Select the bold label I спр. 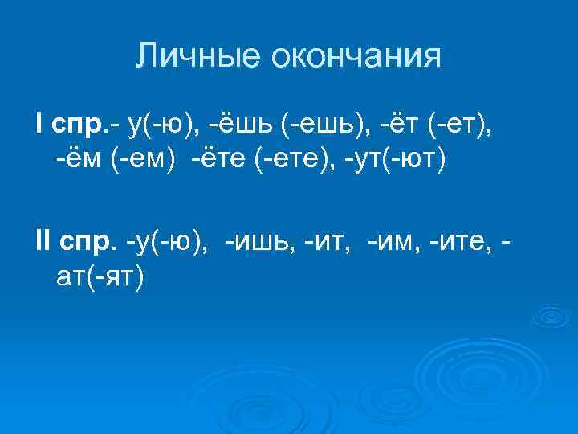coord(69,125)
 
